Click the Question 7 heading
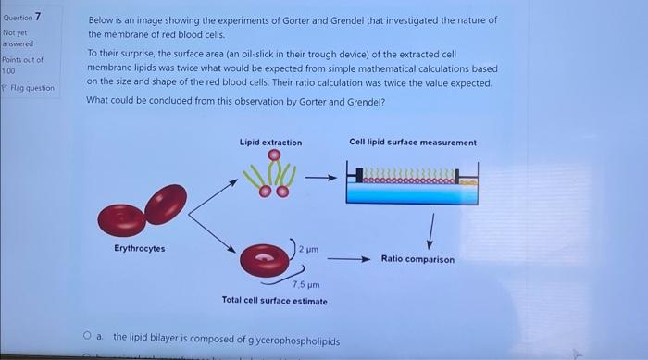pos(22,17)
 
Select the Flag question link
pos(31,88)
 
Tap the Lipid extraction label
pos(270,143)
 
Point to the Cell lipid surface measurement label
pos(413,143)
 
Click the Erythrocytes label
pos(139,248)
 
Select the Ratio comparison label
pos(417,259)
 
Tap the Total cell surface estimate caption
pos(274,301)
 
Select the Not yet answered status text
pos(18,37)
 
